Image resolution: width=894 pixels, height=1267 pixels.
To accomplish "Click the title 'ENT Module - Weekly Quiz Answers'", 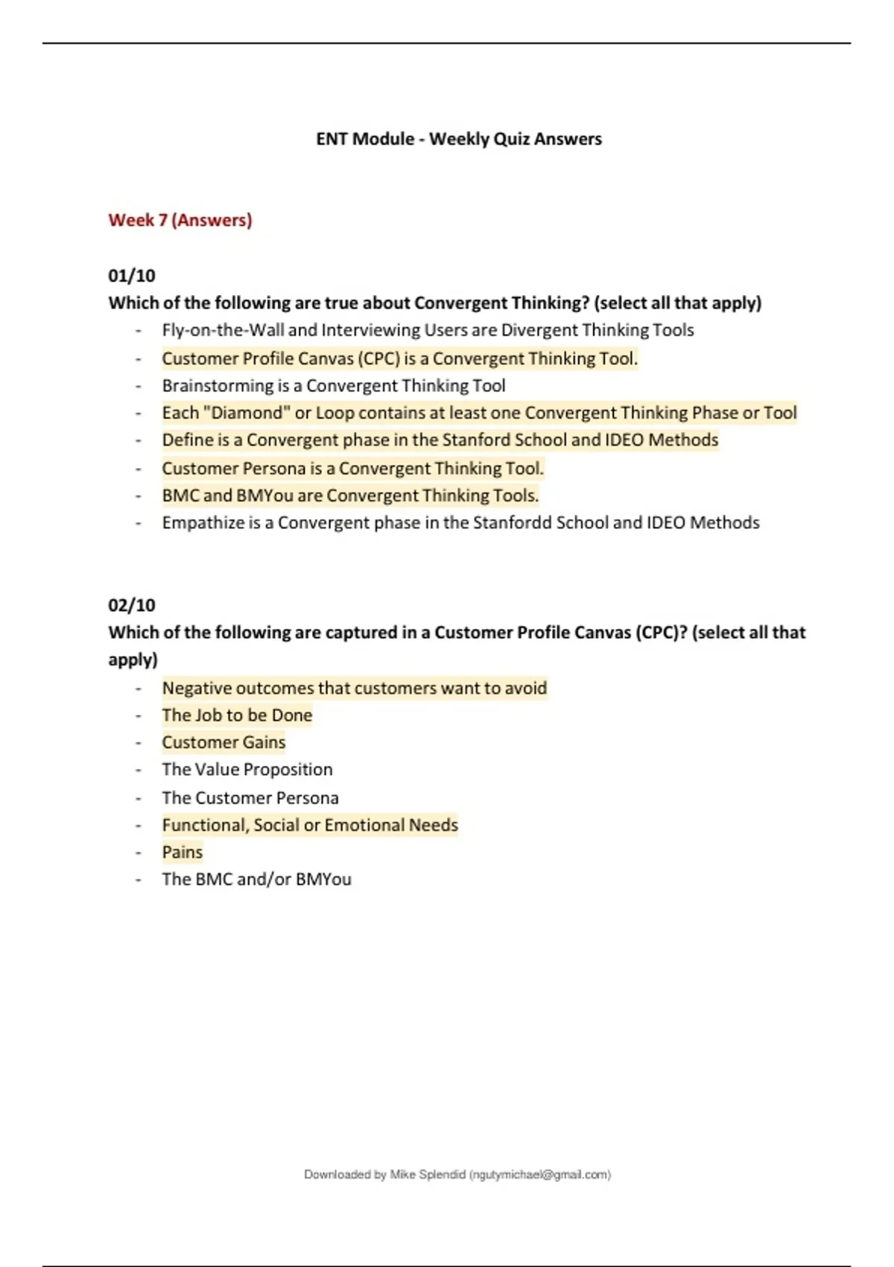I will click(459, 139).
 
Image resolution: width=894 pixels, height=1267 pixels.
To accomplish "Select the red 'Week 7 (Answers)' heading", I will click(180, 221).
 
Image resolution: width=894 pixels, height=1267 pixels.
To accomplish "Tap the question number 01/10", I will click(132, 276).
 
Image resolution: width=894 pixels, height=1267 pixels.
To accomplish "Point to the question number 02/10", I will click(132, 605).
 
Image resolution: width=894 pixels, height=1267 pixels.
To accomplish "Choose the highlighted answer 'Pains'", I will click(183, 853).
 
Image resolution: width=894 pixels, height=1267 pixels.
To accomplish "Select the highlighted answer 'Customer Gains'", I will click(223, 743).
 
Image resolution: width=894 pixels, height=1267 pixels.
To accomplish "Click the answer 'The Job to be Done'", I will click(237, 715).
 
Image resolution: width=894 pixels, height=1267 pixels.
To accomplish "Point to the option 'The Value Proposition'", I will click(247, 770).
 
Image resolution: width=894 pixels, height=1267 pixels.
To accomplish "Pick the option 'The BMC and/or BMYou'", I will click(256, 879).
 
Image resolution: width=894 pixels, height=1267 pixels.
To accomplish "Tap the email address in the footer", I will click(540, 1175).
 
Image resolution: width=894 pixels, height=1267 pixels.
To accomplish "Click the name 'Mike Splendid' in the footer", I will click(428, 1175).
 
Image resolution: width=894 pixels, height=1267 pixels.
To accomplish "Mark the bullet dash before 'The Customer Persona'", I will click(139, 798).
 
